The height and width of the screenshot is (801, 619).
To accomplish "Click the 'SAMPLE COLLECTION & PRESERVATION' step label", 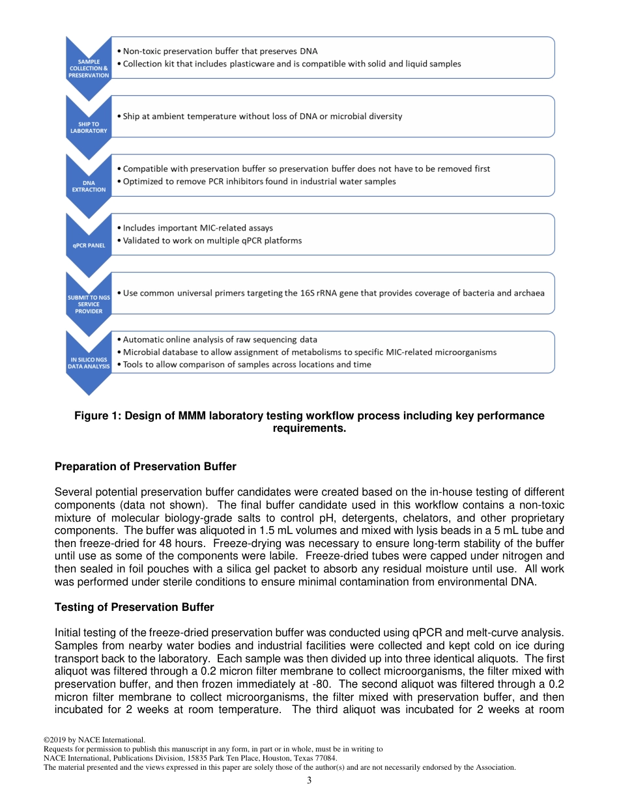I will click(x=89, y=68).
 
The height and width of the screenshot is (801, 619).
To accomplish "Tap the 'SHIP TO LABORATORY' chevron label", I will click(x=89, y=127).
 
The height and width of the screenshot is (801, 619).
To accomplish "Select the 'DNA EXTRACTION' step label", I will click(x=89, y=186).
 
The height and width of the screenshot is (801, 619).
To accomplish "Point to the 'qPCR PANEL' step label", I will click(x=89, y=246).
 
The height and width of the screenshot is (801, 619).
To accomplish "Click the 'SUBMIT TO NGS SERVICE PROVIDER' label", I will click(x=89, y=304).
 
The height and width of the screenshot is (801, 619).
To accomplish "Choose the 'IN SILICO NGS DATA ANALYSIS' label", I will click(x=89, y=363).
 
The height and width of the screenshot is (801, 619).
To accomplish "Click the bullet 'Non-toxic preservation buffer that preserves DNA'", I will click(x=220, y=51).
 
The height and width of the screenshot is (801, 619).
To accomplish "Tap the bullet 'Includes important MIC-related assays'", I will click(x=197, y=228).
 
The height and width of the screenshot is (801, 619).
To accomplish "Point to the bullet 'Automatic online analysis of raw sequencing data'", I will click(x=220, y=339).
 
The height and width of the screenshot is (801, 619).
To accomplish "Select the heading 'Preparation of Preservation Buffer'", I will click(x=145, y=466).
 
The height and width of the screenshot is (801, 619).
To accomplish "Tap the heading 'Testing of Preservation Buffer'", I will click(x=134, y=607).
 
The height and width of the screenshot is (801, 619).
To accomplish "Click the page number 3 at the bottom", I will click(x=309, y=781).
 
